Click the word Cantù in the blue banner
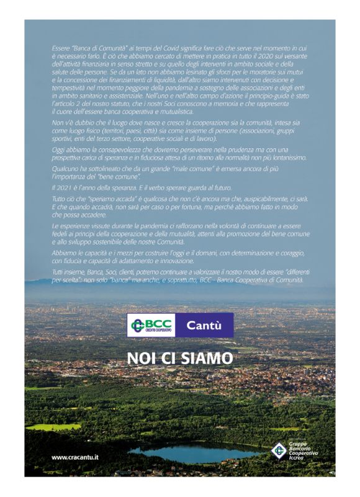[x=203, y=325]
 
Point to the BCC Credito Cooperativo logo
[x=151, y=325]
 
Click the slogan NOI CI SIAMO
[x=180, y=358]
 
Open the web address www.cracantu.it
[x=75, y=457]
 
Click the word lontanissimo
[x=287, y=158]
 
